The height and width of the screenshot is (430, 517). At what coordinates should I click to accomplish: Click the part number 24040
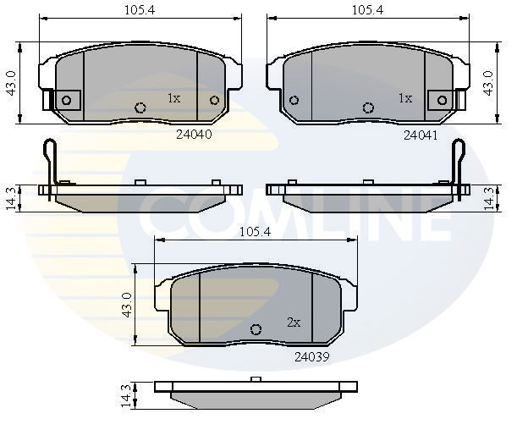[193, 134]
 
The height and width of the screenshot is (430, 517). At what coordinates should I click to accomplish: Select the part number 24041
[420, 135]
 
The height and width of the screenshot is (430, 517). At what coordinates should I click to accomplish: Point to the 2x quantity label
[294, 322]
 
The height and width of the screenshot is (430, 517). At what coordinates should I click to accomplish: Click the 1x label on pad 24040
[173, 98]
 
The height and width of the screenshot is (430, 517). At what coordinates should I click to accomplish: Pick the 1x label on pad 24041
[404, 98]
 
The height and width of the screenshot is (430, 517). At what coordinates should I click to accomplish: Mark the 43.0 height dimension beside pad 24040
[11, 85]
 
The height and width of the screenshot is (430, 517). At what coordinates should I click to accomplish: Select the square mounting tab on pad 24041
[441, 100]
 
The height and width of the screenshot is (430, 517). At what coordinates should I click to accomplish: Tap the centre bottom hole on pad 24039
[256, 329]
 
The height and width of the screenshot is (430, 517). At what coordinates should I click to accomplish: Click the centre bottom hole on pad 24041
[368, 107]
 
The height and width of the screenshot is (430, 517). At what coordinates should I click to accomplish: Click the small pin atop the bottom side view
[254, 378]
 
